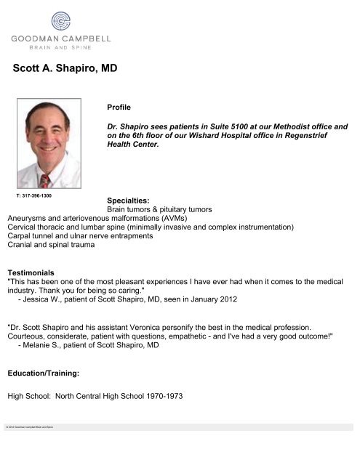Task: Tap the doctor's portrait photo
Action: click(x=49, y=143)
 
